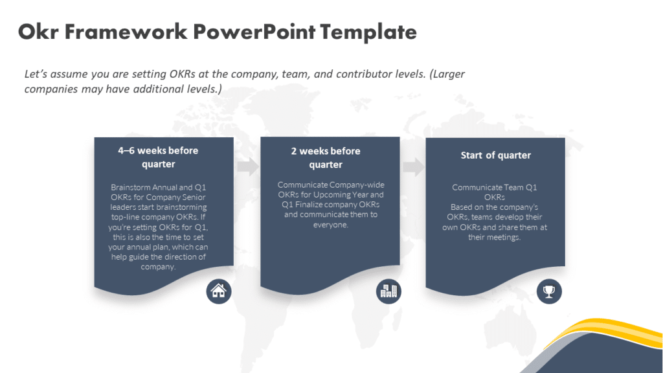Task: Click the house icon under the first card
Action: (219, 291)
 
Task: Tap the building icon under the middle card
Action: (388, 291)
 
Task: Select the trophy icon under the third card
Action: (549, 291)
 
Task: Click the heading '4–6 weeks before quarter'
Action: (159, 157)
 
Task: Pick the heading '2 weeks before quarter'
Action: (326, 157)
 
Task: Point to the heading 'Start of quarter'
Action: (495, 155)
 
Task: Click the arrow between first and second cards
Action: (247, 166)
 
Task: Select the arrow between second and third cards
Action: (413, 166)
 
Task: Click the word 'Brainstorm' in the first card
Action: (133, 187)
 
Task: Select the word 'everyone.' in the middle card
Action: (326, 224)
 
